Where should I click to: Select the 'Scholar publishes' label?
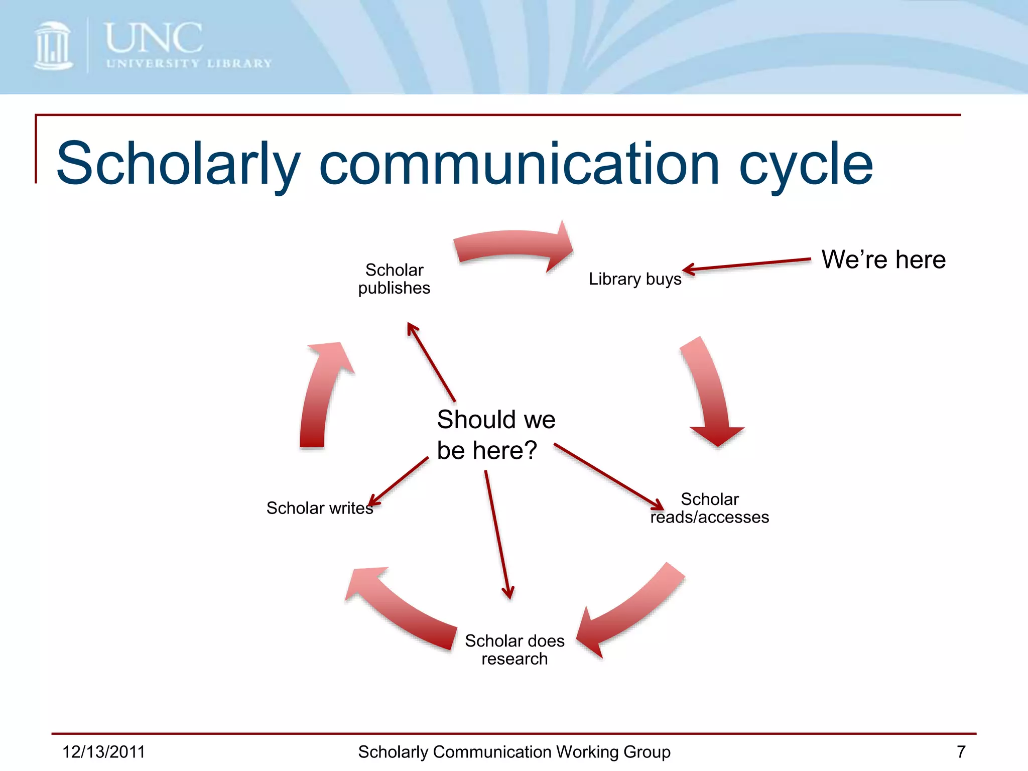(394, 279)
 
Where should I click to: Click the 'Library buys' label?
(634, 279)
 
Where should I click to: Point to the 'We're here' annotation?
(883, 260)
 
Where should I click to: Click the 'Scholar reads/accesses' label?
(709, 508)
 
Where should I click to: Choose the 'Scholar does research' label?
(515, 650)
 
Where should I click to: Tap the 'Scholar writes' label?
(320, 508)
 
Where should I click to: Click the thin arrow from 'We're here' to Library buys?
(748, 265)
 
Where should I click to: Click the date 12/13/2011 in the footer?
(103, 752)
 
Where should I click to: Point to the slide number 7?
(961, 752)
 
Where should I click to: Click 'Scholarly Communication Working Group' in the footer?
(514, 752)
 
